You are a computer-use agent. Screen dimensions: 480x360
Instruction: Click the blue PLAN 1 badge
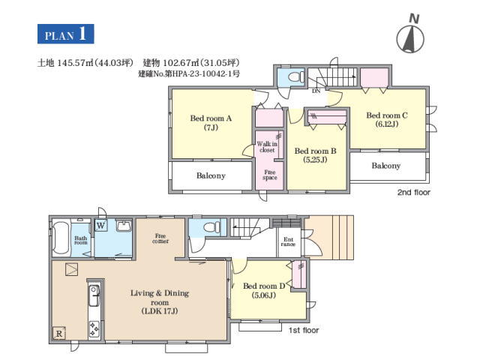click(65, 34)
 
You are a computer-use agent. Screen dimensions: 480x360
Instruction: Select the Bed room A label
click(211, 122)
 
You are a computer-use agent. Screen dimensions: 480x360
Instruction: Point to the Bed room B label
click(315, 155)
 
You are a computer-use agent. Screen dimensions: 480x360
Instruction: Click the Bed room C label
click(387, 119)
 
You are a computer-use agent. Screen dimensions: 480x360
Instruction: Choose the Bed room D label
click(264, 290)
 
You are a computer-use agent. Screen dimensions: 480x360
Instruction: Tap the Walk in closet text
click(267, 147)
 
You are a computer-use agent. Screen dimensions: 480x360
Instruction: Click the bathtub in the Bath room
click(61, 238)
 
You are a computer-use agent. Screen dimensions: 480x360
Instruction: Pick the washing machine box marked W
click(100, 226)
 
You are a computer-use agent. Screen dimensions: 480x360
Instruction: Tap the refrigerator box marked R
click(59, 333)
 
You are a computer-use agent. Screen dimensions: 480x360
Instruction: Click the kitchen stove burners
click(94, 329)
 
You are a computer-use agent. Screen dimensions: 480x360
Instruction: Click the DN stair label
click(316, 91)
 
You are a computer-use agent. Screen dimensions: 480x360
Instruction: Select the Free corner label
click(160, 238)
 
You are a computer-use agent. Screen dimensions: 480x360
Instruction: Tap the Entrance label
click(288, 241)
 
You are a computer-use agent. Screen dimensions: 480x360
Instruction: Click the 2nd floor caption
click(414, 192)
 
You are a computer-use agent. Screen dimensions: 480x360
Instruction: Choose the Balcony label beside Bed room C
click(386, 166)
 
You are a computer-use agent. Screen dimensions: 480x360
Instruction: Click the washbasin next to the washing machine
click(124, 226)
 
